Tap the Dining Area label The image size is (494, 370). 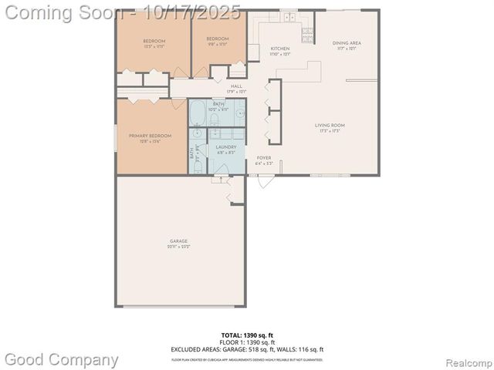click(x=347, y=45)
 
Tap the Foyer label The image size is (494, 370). click(x=264, y=160)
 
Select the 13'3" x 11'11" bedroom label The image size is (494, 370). click(x=154, y=42)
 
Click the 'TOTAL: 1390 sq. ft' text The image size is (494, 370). click(x=246, y=335)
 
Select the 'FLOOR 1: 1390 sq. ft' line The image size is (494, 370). click(x=246, y=341)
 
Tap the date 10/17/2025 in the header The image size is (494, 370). click(x=198, y=12)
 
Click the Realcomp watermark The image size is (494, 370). click(x=466, y=360)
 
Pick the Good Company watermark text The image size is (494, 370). click(x=62, y=359)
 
